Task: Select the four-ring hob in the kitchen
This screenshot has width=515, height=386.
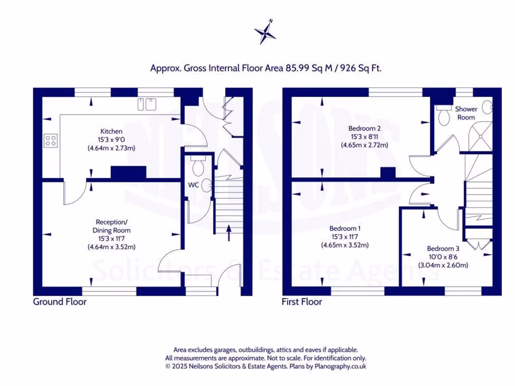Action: click(50, 140)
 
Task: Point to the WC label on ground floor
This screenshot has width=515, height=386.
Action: click(194, 185)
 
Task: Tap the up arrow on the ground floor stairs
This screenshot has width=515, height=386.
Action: click(229, 231)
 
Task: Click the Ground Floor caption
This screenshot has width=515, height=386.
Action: click(60, 302)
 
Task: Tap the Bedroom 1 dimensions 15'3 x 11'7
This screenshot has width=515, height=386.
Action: click(345, 237)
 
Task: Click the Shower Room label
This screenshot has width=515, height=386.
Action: click(466, 113)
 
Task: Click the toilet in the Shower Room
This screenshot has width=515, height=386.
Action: click(443, 116)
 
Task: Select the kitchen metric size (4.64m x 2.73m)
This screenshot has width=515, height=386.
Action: click(111, 148)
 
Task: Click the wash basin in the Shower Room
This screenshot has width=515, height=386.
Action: click(487, 107)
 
